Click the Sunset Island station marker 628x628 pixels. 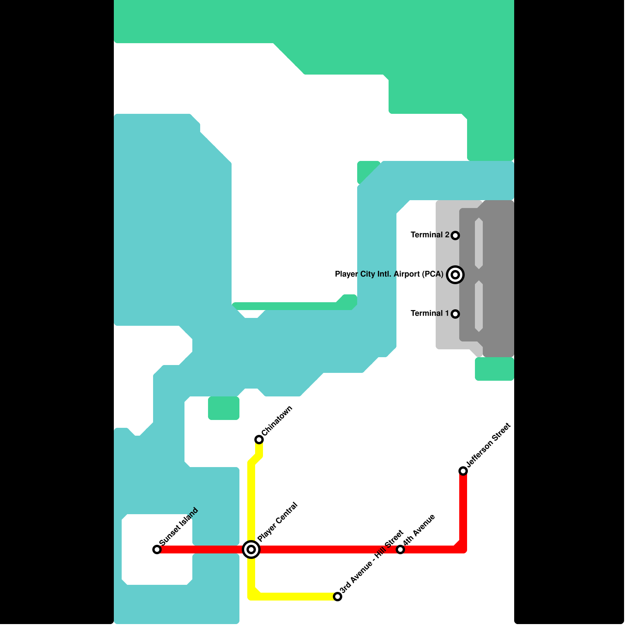click(x=157, y=549)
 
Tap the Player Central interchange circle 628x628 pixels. click(x=251, y=549)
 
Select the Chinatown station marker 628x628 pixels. click(x=259, y=439)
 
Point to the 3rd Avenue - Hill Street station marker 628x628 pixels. click(x=338, y=597)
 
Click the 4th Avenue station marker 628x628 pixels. click(x=400, y=549)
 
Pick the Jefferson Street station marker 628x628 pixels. click(x=463, y=471)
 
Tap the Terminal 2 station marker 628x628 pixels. click(x=455, y=235)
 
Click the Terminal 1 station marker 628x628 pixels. click(x=455, y=314)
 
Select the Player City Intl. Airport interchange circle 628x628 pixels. click(x=455, y=275)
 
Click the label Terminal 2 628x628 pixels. click(x=430, y=235)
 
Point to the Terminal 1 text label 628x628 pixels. click(x=430, y=313)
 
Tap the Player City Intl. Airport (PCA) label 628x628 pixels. click(x=389, y=274)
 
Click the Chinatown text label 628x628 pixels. click(x=277, y=421)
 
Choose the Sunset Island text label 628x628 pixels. click(x=179, y=526)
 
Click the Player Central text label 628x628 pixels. click(x=278, y=522)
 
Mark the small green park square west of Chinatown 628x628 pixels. click(x=224, y=408)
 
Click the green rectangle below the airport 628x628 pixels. click(x=495, y=369)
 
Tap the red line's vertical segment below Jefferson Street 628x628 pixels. click(x=463, y=510)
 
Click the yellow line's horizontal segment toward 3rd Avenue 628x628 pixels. click(x=294, y=597)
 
